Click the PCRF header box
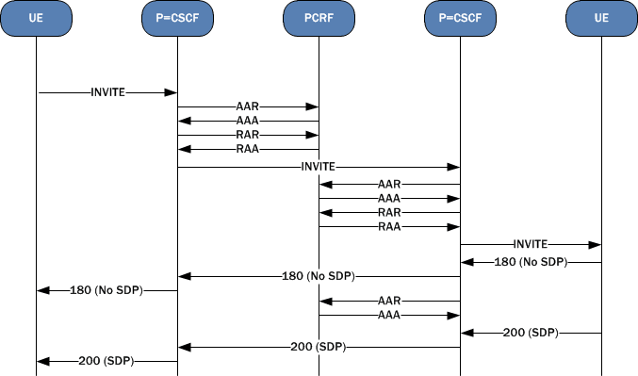click(x=319, y=19)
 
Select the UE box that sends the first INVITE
click(x=36, y=19)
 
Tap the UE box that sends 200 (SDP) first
click(x=601, y=19)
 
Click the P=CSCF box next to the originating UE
click(x=177, y=19)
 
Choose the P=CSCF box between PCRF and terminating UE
click(x=460, y=19)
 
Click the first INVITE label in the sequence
click(x=107, y=92)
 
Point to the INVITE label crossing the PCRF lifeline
click(x=319, y=167)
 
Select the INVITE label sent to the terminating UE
click(x=531, y=243)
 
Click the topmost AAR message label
click(x=248, y=107)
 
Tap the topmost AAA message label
click(x=248, y=121)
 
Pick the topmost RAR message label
click(x=248, y=135)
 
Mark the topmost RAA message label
click(x=248, y=149)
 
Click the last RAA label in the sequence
click(x=389, y=226)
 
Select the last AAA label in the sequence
click(x=389, y=314)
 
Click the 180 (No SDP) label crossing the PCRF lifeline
click(x=319, y=276)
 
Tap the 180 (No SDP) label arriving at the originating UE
click(x=106, y=290)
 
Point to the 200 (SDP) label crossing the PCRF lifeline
click(x=319, y=347)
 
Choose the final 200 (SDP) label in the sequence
click(x=106, y=361)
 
